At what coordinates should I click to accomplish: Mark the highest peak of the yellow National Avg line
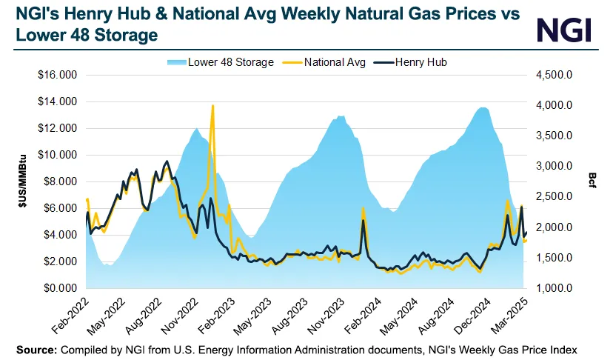pyautogui.click(x=212, y=105)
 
